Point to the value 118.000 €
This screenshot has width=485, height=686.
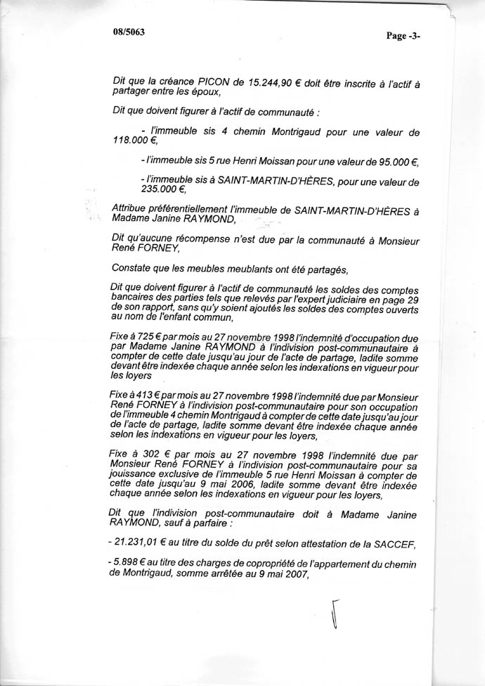(x=131, y=140)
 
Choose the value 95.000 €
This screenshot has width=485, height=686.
(x=389, y=163)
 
